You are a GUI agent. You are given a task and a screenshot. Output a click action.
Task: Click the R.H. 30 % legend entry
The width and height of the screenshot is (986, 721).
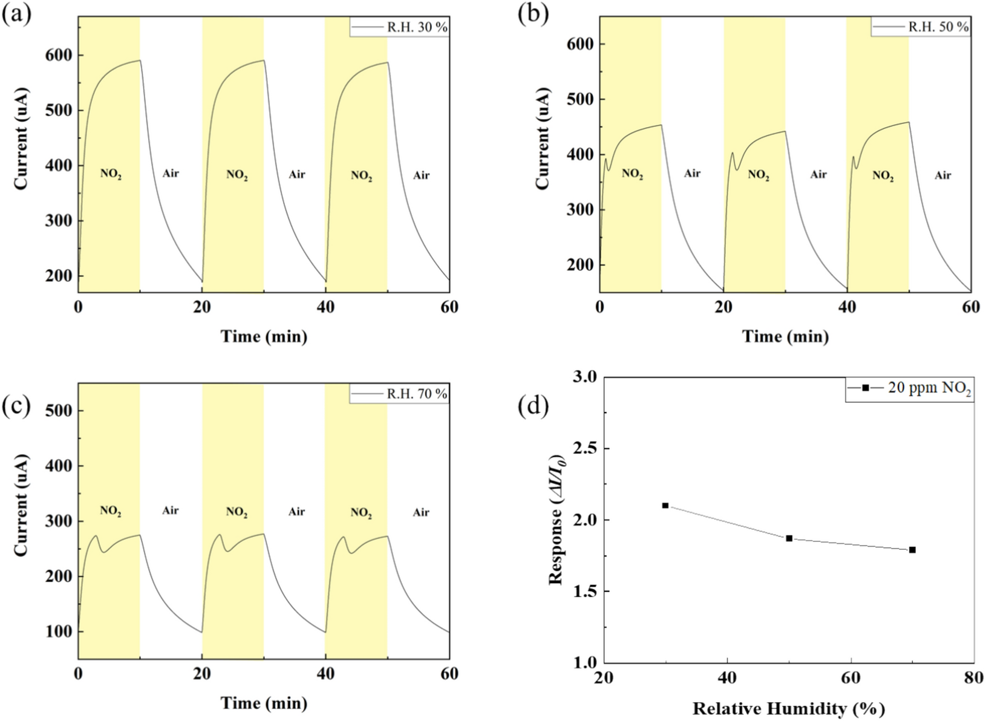pyautogui.click(x=400, y=27)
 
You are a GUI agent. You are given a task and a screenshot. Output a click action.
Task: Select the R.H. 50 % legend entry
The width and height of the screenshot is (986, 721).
pyautogui.click(x=921, y=27)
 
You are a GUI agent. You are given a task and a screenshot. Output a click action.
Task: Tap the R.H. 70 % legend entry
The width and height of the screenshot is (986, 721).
pyautogui.click(x=400, y=394)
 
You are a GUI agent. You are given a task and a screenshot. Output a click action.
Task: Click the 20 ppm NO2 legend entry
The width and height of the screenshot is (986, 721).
pyautogui.click(x=910, y=388)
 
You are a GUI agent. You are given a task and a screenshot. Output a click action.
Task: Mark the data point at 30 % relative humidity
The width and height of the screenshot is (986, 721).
pyautogui.click(x=665, y=505)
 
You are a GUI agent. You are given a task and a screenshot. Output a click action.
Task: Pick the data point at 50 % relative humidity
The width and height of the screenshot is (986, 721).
pyautogui.click(x=789, y=538)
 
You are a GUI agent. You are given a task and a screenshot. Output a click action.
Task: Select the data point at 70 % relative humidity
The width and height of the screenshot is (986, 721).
pyautogui.click(x=912, y=550)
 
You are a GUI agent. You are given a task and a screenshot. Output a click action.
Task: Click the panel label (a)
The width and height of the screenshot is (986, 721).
pyautogui.click(x=17, y=13)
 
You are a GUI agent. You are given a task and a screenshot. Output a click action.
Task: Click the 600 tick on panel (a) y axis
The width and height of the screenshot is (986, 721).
pyautogui.click(x=59, y=55)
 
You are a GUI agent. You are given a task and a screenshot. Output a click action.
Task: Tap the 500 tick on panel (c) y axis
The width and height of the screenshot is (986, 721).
pyautogui.click(x=59, y=411)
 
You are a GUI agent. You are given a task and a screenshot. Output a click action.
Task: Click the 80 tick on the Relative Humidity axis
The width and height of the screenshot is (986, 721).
pyautogui.click(x=973, y=678)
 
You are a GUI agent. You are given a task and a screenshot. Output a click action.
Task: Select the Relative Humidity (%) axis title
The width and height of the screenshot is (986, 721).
pyautogui.click(x=788, y=708)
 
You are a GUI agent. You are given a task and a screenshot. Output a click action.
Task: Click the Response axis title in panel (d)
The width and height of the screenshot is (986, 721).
pyautogui.click(x=557, y=519)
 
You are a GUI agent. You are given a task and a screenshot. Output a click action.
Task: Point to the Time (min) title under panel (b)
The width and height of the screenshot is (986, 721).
pyautogui.click(x=785, y=336)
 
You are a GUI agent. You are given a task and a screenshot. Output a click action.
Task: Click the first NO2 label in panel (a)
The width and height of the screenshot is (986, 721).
pyautogui.click(x=111, y=174)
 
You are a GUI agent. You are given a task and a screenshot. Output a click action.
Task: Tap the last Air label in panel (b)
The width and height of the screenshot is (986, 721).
pyautogui.click(x=942, y=175)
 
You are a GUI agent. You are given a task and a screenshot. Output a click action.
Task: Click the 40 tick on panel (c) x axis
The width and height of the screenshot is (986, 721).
pyautogui.click(x=325, y=673)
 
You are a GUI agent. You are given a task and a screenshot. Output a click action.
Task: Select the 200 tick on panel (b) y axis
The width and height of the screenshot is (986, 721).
pyautogui.click(x=580, y=265)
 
